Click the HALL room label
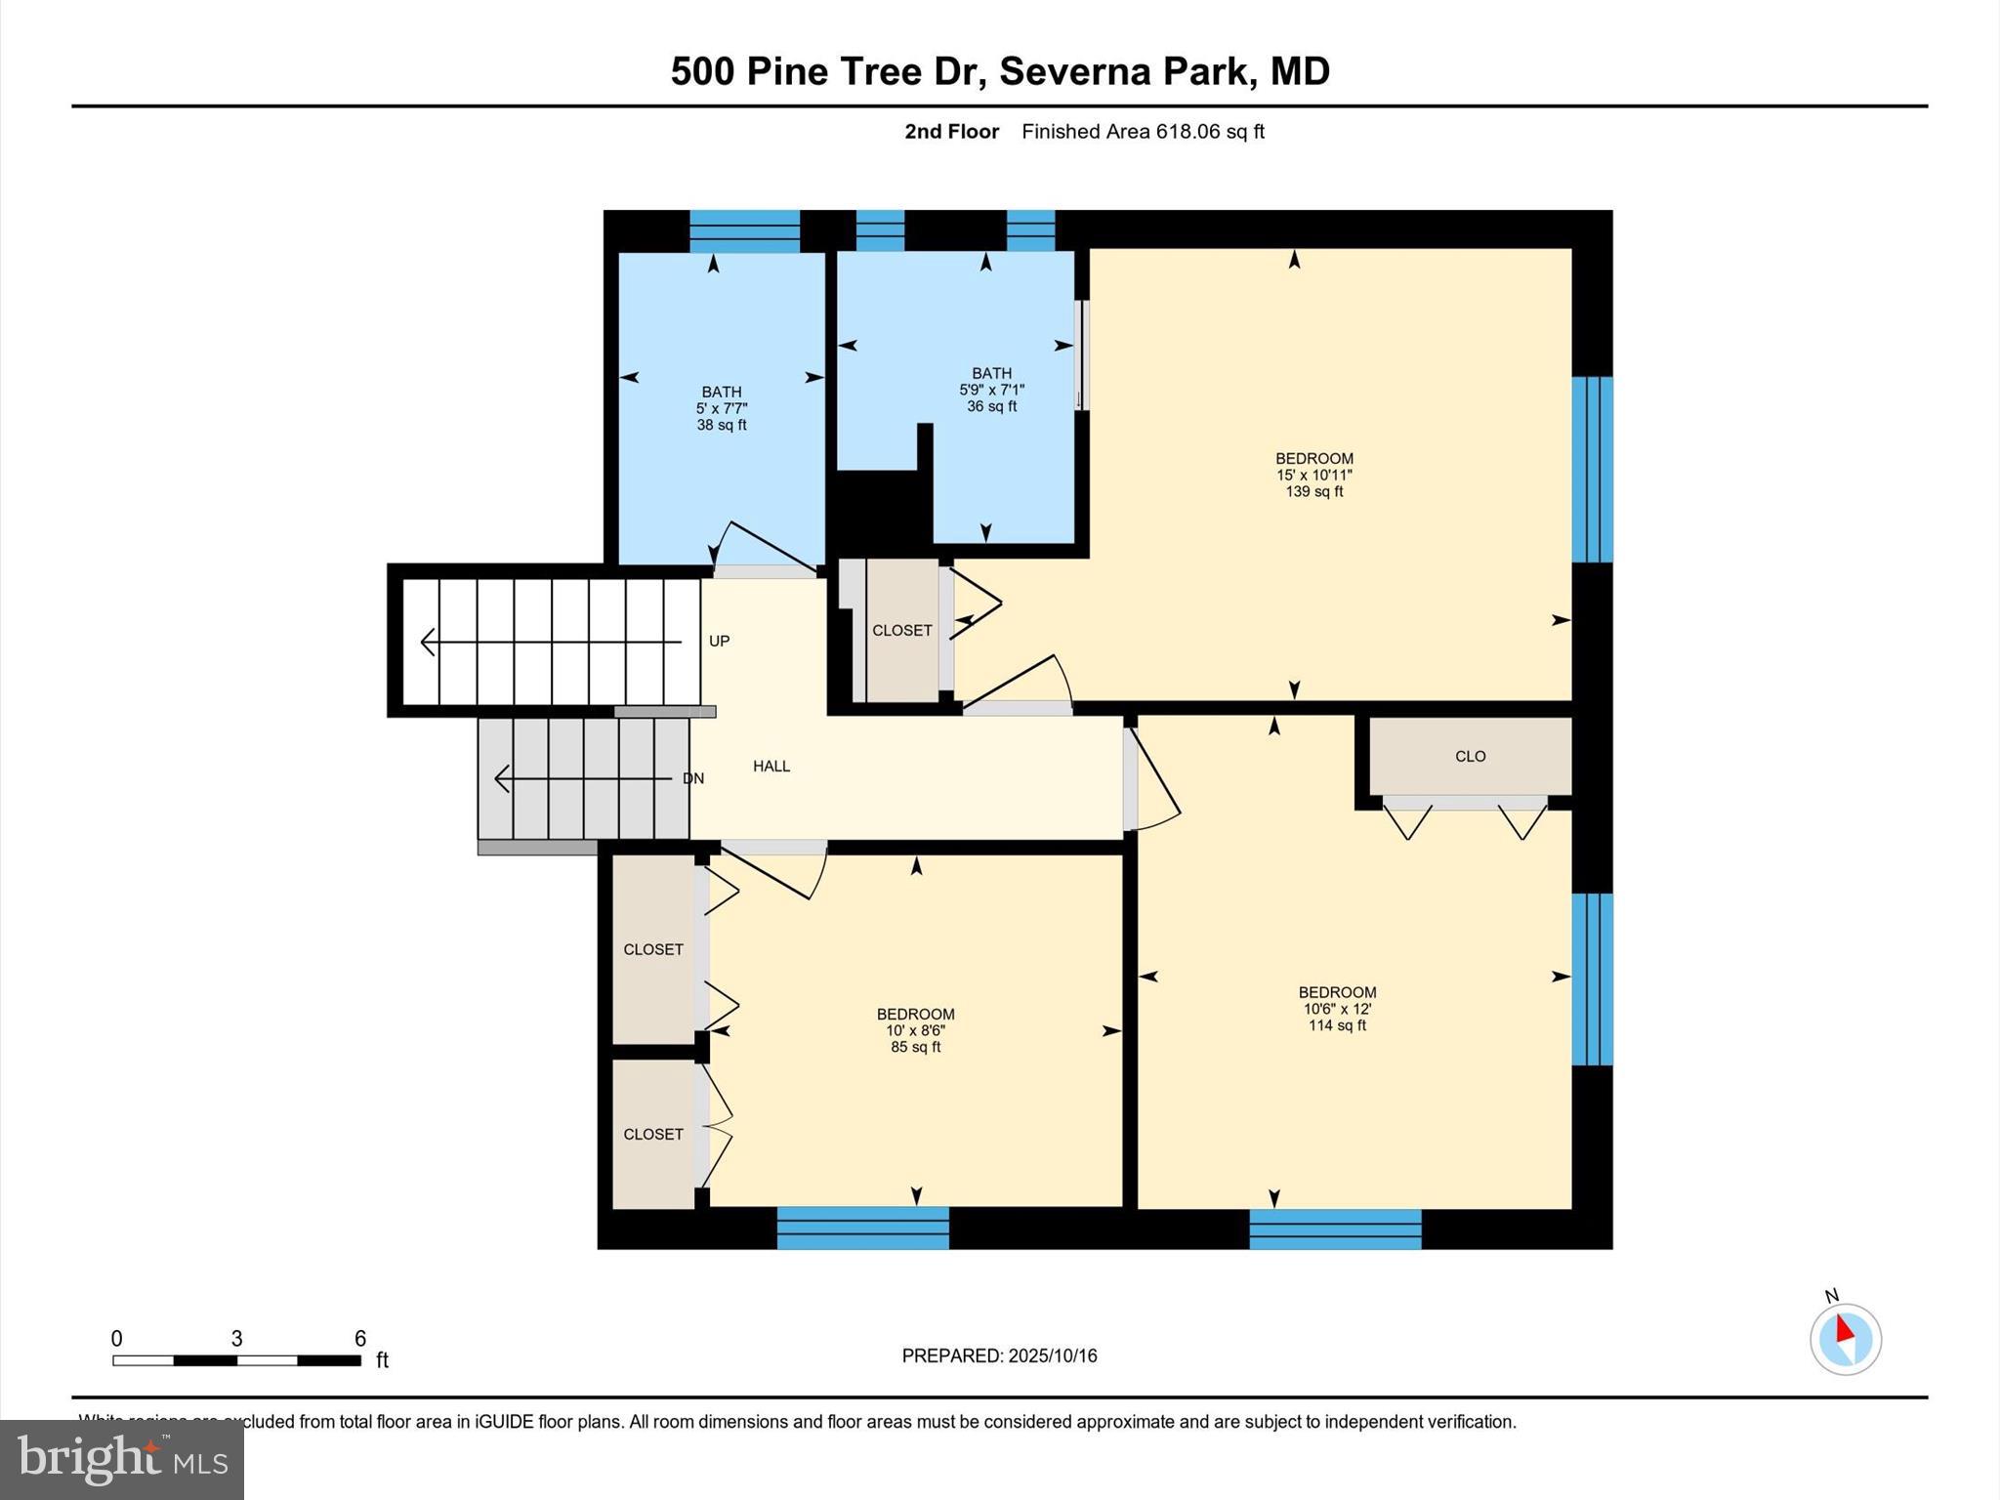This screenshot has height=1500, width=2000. coord(771,767)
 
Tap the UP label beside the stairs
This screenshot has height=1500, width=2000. coord(719,642)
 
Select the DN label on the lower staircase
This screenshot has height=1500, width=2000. coord(692,778)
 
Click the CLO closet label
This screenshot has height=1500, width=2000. coord(1470,756)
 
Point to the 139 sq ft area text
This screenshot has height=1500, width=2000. coord(1313,492)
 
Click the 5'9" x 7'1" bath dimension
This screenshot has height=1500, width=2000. coord(991,390)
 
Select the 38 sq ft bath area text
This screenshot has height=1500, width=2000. coord(721,426)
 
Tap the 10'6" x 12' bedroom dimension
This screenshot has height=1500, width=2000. coord(1337,1009)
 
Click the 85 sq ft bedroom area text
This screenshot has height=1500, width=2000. coord(915,1048)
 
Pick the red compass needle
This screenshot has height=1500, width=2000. coord(1844,1329)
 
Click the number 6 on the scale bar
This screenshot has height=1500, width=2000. coord(359,1339)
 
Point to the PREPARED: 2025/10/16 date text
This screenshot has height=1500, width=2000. coord(999,1355)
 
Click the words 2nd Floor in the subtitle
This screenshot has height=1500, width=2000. coord(951,132)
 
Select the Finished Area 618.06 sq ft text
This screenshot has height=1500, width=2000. coord(1143,132)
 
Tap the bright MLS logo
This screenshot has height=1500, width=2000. coord(122,1459)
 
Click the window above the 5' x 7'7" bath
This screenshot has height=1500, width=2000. coord(744,231)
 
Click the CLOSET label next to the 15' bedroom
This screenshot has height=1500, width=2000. coord(901,631)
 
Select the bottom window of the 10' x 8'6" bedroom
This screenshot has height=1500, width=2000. coord(862,1228)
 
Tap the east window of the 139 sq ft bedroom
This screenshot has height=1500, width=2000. coord(1591,470)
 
